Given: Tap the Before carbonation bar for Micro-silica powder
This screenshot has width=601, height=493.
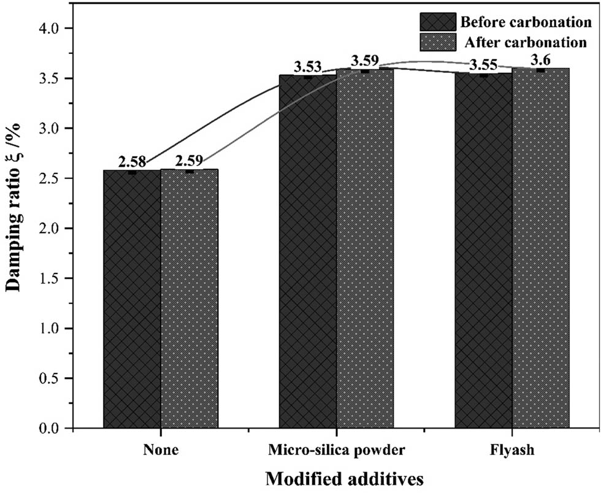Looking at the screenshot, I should click(x=308, y=251).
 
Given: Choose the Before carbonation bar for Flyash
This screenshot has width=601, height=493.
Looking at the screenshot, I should click(x=484, y=251).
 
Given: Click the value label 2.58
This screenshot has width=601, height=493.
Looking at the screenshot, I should click(x=132, y=162).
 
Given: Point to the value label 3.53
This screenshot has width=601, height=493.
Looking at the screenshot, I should click(x=308, y=67).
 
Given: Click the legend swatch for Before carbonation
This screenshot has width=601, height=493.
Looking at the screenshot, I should click(x=438, y=22).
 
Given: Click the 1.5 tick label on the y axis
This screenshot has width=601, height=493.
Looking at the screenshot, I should click(x=52, y=278).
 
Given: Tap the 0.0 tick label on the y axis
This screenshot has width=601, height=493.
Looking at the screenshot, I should click(x=52, y=429).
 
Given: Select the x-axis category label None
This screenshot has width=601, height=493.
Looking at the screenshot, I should click(x=161, y=451).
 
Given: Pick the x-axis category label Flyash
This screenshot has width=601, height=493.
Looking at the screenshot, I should click(x=512, y=451).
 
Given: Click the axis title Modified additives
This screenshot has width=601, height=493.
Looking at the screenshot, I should click(x=336, y=479).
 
